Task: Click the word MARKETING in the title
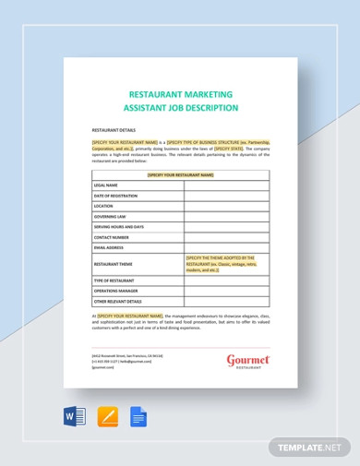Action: click(x=209, y=93)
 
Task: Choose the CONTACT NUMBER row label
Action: click(x=111, y=236)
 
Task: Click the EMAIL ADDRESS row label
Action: click(x=108, y=247)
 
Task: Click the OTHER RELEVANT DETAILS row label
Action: click(x=117, y=301)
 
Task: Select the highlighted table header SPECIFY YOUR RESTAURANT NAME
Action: click(x=180, y=173)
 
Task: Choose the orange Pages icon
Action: click(x=108, y=417)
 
